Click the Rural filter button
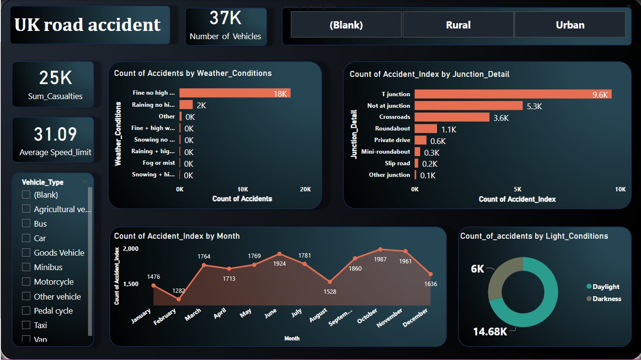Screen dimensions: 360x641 pyautogui.click(x=458, y=25)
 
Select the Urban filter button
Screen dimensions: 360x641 pyautogui.click(x=569, y=25)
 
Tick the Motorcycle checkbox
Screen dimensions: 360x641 pyautogui.click(x=26, y=282)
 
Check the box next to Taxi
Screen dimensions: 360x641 pyautogui.click(x=26, y=325)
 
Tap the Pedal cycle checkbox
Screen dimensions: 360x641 pyautogui.click(x=26, y=311)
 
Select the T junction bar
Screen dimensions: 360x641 pyautogui.click(x=513, y=94)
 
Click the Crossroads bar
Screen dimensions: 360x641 pyautogui.click(x=452, y=117)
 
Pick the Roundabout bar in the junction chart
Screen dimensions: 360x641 pyautogui.click(x=426, y=129)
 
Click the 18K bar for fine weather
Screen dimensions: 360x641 pyautogui.click(x=235, y=93)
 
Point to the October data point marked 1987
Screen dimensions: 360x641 pyautogui.click(x=380, y=249)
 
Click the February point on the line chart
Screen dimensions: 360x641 pyautogui.click(x=179, y=299)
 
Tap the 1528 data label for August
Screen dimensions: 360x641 pyautogui.click(x=330, y=291)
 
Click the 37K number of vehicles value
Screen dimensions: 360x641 pyautogui.click(x=225, y=18)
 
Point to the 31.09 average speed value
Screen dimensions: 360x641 pyautogui.click(x=55, y=134)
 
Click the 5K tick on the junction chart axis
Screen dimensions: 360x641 pyautogui.click(x=517, y=189)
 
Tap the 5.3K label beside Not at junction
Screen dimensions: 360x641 pyautogui.click(x=534, y=106)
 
